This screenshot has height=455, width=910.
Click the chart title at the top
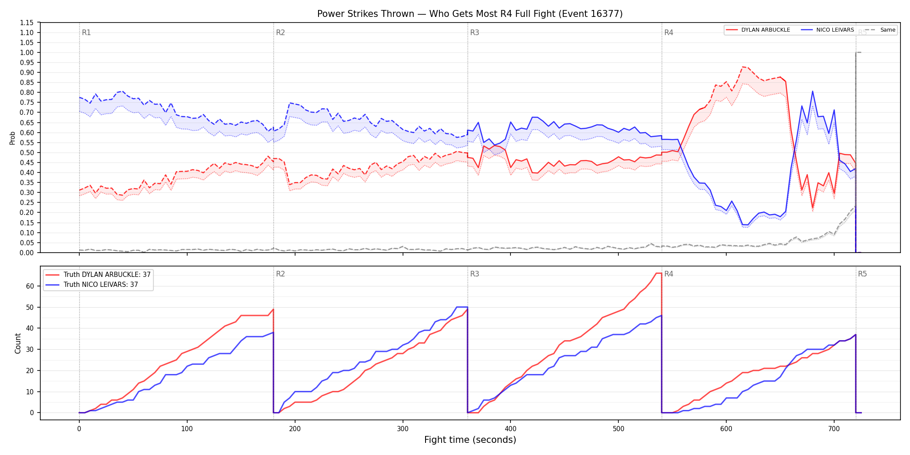tap(470, 14)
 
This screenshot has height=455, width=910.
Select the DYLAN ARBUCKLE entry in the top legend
tap(758, 30)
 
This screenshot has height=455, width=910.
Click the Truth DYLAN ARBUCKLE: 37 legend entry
tap(98, 275)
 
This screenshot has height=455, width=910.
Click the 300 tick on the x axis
tap(403, 429)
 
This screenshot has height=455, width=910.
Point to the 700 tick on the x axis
tap(834, 429)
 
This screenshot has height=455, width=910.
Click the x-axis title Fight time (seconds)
tap(470, 440)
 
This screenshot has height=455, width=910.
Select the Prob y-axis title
tap(13, 138)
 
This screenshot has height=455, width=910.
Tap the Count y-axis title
tap(18, 343)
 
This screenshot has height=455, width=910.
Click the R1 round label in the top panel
tap(86, 32)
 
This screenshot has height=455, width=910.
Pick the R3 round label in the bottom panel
tap(474, 274)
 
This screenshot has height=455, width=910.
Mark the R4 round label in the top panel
tap(669, 32)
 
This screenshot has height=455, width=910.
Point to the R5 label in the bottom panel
tap(862, 274)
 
